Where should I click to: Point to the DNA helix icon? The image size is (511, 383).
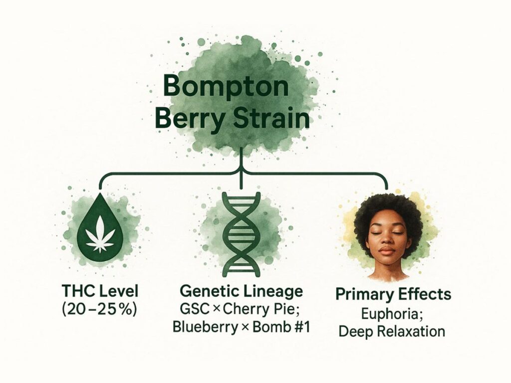click(x=242, y=231)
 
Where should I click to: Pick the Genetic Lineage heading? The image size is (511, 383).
click(x=243, y=291)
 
